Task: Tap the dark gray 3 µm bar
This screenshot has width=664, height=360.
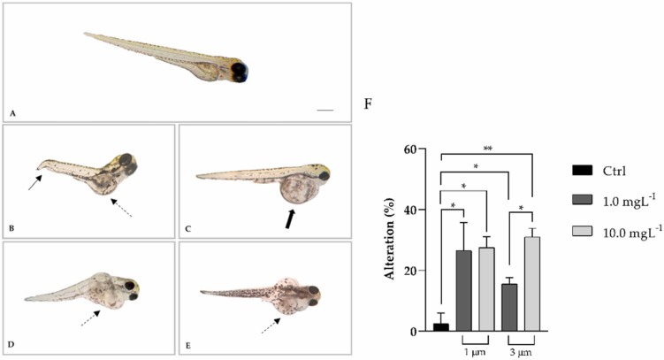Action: pos(510,307)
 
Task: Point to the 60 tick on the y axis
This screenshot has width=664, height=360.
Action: pos(427,149)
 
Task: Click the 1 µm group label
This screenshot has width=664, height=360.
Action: pos(476,352)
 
